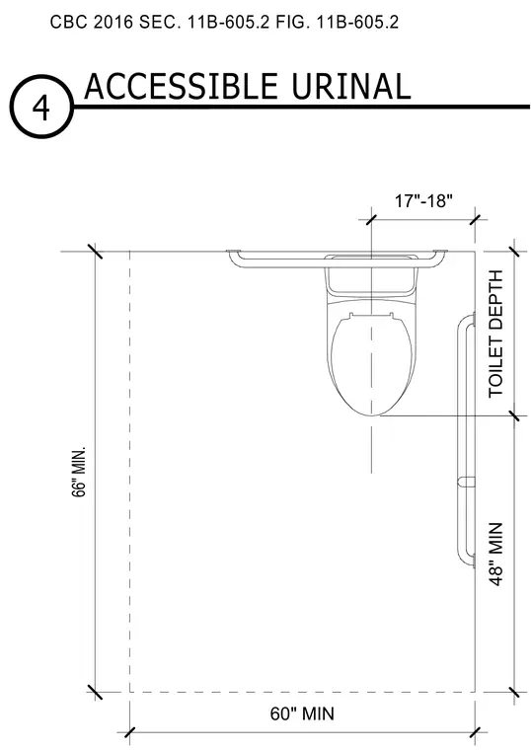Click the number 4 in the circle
40,109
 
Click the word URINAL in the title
350,87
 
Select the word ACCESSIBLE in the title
181,86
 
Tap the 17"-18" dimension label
423,201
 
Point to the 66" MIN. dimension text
79,472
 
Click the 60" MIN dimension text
302,713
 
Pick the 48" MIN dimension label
496,554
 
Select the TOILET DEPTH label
496,334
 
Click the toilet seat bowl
371,363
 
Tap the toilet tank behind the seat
371,280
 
